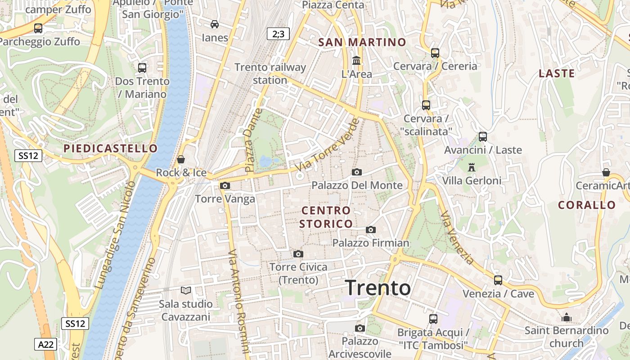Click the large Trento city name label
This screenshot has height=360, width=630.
[378, 288]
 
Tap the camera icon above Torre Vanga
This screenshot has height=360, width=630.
[225, 185]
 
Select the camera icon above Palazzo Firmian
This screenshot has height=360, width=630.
[371, 230]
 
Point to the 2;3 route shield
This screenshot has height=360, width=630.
[278, 34]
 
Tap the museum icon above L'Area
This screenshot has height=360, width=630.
[356, 60]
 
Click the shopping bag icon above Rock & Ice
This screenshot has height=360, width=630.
[181, 159]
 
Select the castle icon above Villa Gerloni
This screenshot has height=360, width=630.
[472, 167]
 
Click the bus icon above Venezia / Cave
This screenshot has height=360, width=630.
[498, 280]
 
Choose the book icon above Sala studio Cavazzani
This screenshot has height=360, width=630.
[186, 291]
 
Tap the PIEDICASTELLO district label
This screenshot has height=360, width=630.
[111, 148]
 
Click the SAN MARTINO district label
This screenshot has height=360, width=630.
[362, 42]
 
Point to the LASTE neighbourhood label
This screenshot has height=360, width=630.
[557, 73]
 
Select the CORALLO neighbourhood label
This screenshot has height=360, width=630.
[587, 205]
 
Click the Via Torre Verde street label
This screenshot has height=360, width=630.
[328, 145]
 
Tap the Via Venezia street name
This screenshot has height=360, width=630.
[457, 238]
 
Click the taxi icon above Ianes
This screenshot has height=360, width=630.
[215, 24]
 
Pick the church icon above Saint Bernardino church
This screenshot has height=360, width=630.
[567, 318]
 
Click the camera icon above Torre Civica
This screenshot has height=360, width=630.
[298, 254]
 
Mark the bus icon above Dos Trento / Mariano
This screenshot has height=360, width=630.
[142, 68]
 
